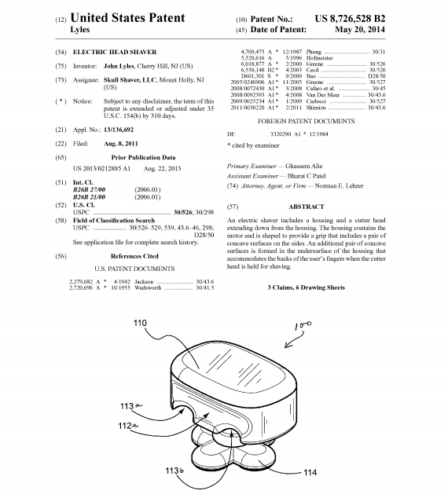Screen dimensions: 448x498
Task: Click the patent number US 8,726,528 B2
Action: (x=350, y=19)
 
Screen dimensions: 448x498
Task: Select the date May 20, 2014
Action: (x=360, y=30)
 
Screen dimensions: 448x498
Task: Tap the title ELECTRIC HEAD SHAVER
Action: (x=115, y=52)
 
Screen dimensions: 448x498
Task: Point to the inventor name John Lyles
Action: (x=119, y=66)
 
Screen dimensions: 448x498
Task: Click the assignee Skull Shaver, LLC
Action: (x=130, y=80)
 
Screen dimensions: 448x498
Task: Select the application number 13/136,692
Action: (x=119, y=130)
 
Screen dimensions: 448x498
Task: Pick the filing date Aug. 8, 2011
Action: (x=121, y=144)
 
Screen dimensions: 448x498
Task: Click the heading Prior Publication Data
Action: (x=143, y=157)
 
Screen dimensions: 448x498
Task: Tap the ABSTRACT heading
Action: (x=307, y=207)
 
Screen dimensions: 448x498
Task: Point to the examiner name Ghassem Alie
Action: (x=303, y=166)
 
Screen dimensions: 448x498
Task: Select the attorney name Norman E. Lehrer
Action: (x=339, y=186)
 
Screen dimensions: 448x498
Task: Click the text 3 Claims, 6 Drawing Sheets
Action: (x=306, y=287)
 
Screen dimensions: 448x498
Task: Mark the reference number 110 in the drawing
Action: (x=140, y=323)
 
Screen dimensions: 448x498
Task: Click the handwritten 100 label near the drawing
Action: (x=303, y=325)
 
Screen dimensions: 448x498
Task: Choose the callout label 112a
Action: (x=128, y=426)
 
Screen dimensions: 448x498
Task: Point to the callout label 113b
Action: (x=174, y=471)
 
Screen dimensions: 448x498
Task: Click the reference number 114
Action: (x=310, y=472)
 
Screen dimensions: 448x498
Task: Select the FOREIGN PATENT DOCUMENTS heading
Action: (x=306, y=121)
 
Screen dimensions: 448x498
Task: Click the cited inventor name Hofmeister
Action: (x=320, y=58)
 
